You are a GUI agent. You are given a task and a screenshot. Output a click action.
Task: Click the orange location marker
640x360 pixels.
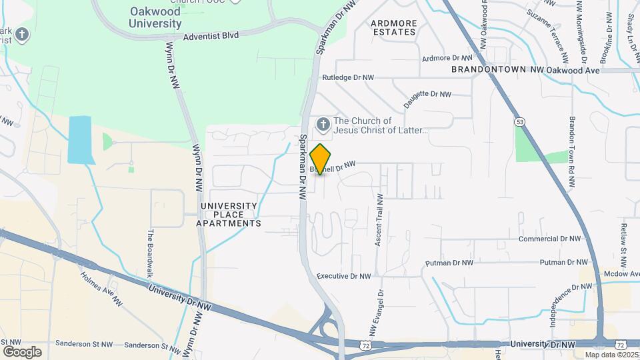[321, 159]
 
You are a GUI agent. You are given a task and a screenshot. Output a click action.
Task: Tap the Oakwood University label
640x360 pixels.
[155, 18]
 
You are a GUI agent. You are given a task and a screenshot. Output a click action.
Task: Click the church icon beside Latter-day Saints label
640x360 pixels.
[323, 124]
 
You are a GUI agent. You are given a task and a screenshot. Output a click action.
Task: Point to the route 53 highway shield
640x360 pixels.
[519, 121]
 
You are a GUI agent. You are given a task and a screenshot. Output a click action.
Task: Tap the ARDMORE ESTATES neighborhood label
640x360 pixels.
[394, 27]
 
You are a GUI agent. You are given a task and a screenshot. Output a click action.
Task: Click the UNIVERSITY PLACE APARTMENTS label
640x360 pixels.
[229, 215]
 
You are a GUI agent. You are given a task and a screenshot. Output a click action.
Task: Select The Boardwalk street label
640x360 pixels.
[150, 253]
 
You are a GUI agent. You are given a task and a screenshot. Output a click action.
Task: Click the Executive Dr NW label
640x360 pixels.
[343, 276]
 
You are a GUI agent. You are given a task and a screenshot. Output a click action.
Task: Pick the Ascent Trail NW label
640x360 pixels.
[379, 221]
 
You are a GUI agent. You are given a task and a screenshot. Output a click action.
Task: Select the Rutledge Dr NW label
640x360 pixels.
[347, 78]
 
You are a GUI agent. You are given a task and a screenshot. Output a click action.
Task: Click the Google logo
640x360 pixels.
[22, 351]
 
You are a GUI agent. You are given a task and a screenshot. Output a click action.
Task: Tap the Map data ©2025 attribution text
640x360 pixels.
[612, 355]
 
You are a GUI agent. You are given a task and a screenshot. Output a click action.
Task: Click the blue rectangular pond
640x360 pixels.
[81, 140]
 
